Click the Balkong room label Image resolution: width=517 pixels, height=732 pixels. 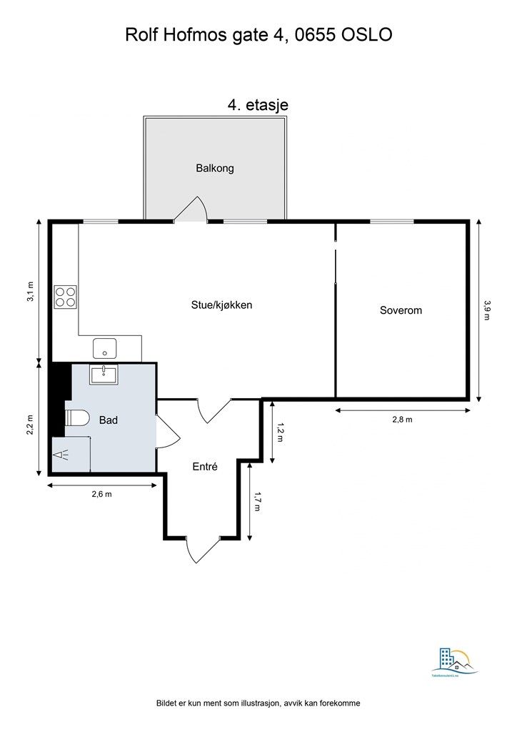coord(215,169)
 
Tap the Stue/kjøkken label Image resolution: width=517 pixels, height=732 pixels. coord(221,305)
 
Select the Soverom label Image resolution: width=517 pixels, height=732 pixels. coord(401,310)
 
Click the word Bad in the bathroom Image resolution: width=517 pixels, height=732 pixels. coord(108,420)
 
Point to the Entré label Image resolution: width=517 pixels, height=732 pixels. coord(205,466)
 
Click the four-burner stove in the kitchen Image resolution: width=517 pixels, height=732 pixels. coord(66,297)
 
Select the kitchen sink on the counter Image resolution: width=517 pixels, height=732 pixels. coord(105,349)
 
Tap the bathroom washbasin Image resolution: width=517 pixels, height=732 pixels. coord(104,374)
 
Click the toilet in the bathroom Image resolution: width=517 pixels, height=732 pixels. coord(76,420)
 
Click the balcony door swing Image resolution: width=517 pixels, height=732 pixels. coord(191,210)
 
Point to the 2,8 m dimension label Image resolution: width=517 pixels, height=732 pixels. coord(402,420)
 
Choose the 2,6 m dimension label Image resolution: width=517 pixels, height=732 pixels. coord(101,494)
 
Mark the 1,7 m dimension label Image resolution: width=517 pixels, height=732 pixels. coord(257,503)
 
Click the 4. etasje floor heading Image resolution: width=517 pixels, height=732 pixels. coord(258,104)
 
